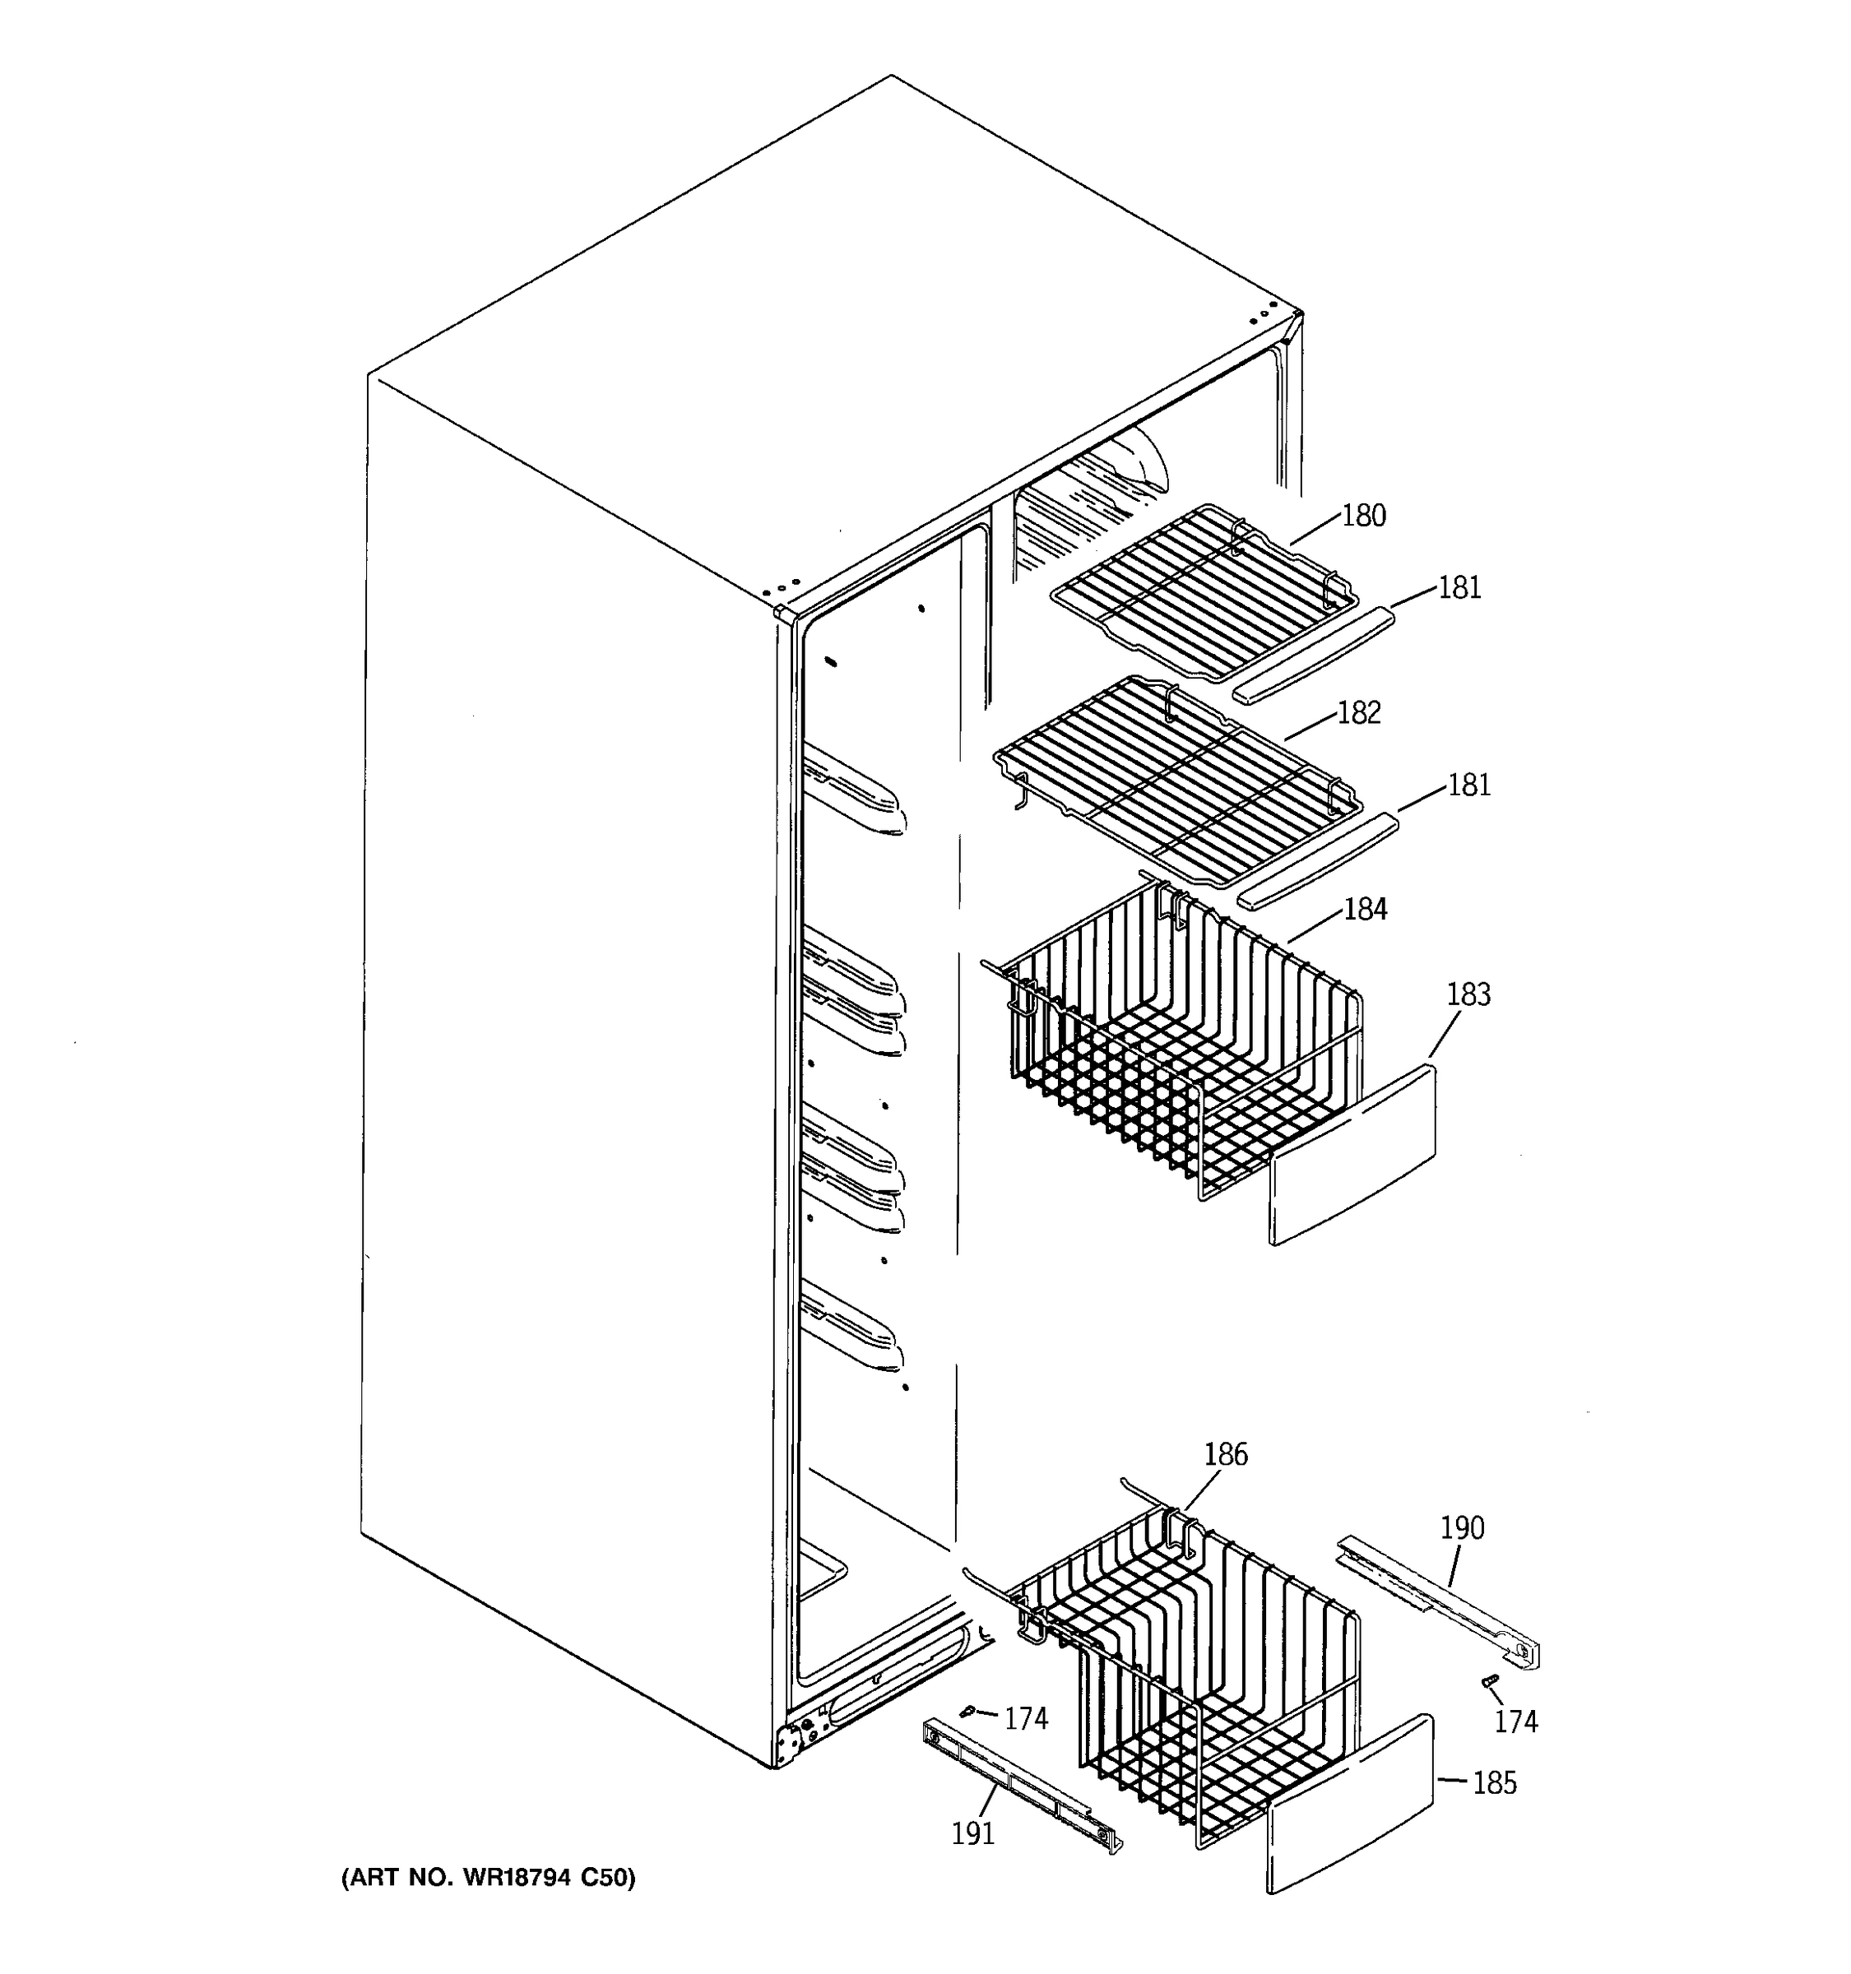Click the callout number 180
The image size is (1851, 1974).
pyautogui.click(x=1363, y=517)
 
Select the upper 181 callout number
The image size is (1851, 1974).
pyautogui.click(x=1459, y=588)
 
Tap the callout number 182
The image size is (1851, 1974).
pyautogui.click(x=1358, y=713)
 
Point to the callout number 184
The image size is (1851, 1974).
pyautogui.click(x=1365, y=910)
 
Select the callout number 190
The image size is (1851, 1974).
pyautogui.click(x=1462, y=1527)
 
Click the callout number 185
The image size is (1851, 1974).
pyautogui.click(x=1493, y=1783)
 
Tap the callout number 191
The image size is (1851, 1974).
pyautogui.click(x=972, y=1833)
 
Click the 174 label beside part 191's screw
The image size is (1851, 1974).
pyautogui.click(x=1025, y=1719)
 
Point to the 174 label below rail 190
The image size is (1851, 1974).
pyautogui.click(x=1515, y=1721)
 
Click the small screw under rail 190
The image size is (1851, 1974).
pyautogui.click(x=1487, y=1681)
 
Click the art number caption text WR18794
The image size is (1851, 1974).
pyautogui.click(x=486, y=1878)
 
